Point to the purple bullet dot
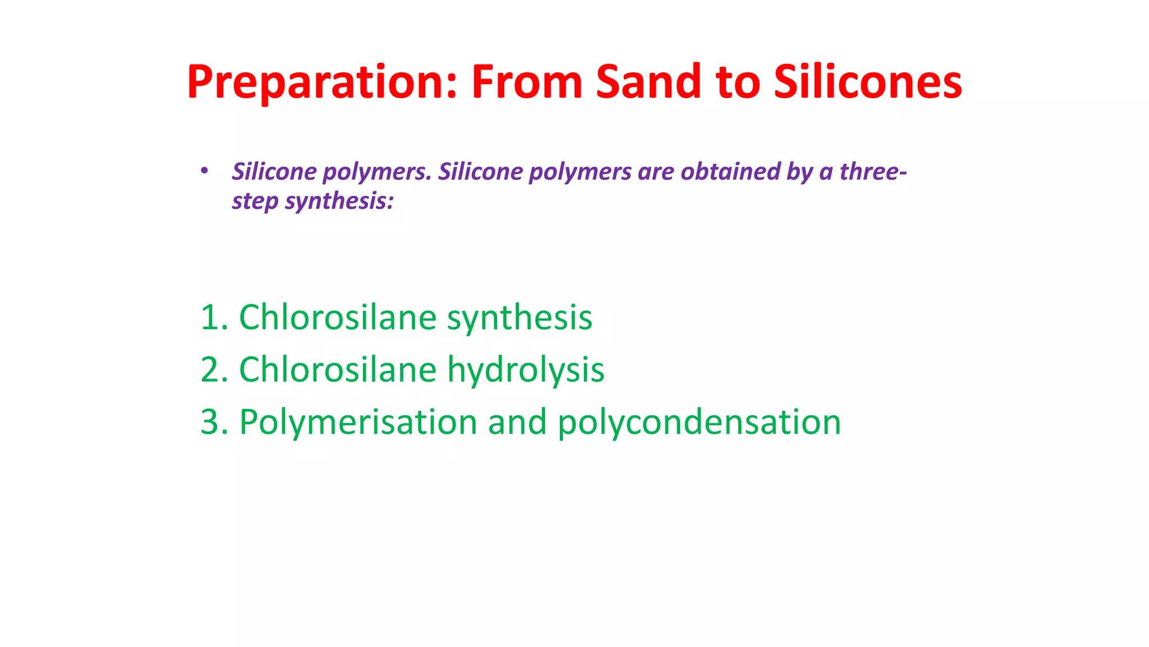pos(204,170)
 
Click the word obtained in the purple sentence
pos(730,172)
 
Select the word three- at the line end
pos(872,172)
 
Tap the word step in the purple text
pos(255,201)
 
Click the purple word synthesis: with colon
pos(339,201)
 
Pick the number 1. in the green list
pos(214,318)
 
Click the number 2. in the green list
pos(214,370)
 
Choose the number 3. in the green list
pos(214,422)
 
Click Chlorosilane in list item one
pos(338,318)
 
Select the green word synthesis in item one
pos(519,319)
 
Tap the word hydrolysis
pos(525,371)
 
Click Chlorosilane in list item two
pos(338,370)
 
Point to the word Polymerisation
pos(358,423)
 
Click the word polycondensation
pos(699,423)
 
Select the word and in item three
pos(517,422)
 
